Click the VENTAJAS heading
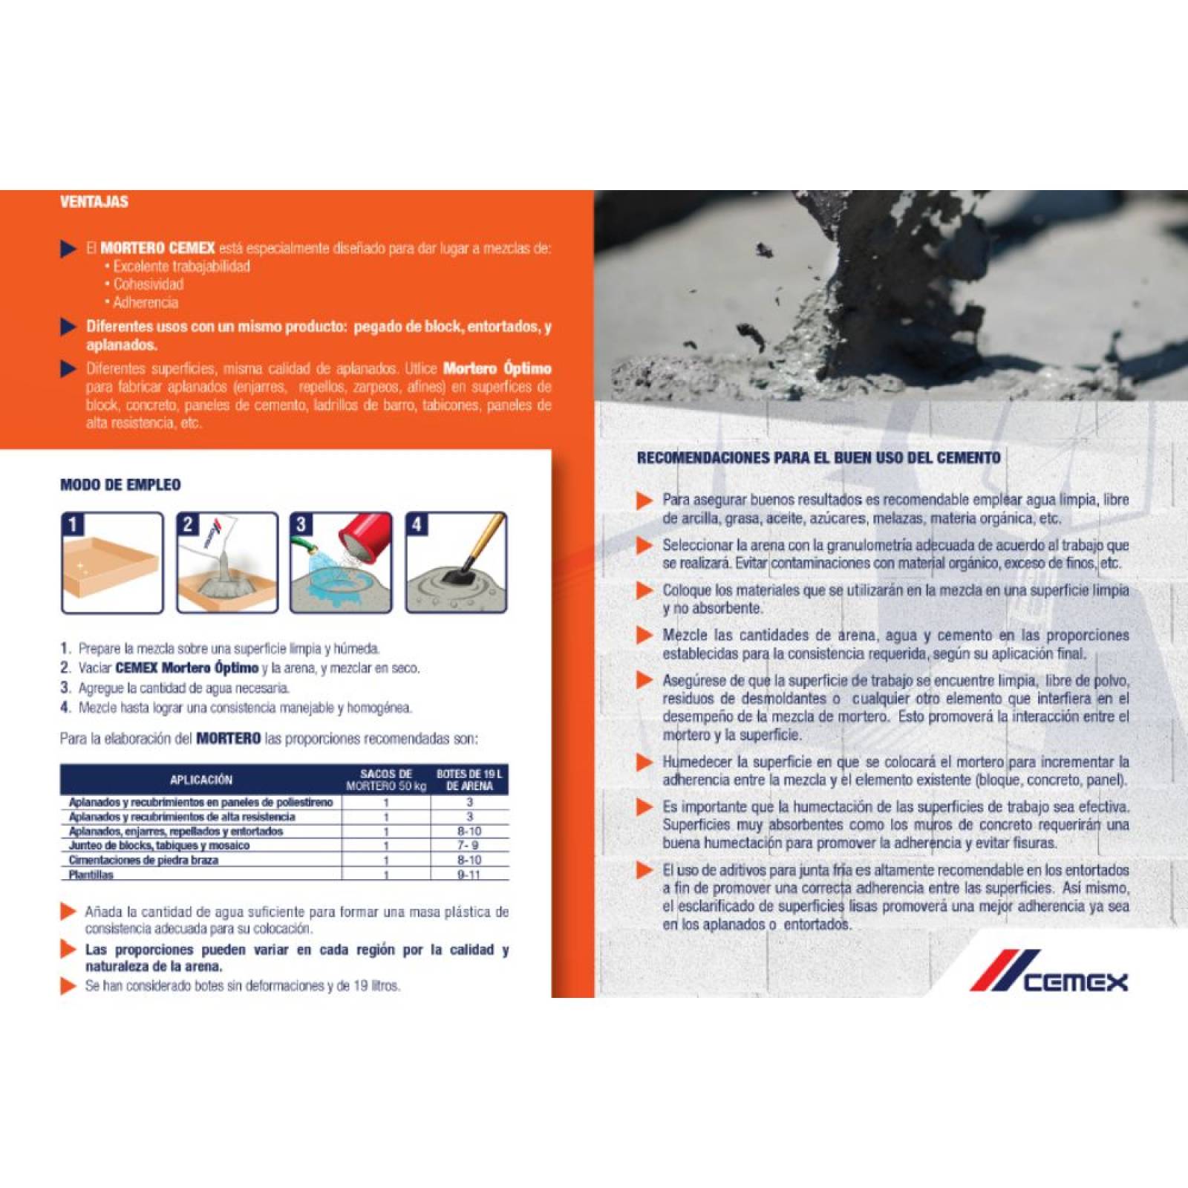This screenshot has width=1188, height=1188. tap(94, 202)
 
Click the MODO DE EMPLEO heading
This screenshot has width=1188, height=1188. tap(120, 485)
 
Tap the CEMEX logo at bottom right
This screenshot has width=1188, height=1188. tap(1048, 971)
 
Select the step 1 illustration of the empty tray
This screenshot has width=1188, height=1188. tap(112, 563)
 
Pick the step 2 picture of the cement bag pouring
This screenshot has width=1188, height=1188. tap(227, 563)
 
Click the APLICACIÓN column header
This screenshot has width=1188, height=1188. tap(200, 780)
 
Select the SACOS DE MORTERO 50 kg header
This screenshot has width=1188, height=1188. tap(386, 780)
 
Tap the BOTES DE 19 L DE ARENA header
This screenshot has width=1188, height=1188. tap(469, 780)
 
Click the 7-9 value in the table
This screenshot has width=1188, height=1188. tap(469, 846)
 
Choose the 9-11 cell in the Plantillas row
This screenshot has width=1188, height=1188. tap(469, 875)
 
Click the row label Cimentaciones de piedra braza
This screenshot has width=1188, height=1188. tap(143, 860)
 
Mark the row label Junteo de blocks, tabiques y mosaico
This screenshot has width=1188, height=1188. tap(159, 846)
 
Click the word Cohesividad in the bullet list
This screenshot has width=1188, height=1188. tap(148, 284)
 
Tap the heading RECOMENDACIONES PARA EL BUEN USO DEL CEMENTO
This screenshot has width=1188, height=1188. tap(818, 458)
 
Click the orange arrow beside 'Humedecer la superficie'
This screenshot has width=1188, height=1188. tap(644, 763)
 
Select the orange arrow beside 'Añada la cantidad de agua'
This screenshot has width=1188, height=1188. tap(68, 912)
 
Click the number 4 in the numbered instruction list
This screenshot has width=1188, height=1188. tap(65, 708)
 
